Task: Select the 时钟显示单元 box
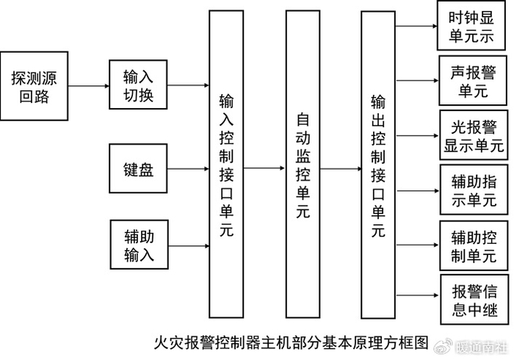pyautogui.click(x=472, y=26)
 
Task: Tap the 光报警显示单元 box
pyautogui.click(x=472, y=136)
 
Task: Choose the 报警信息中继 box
pyautogui.click(x=472, y=298)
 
